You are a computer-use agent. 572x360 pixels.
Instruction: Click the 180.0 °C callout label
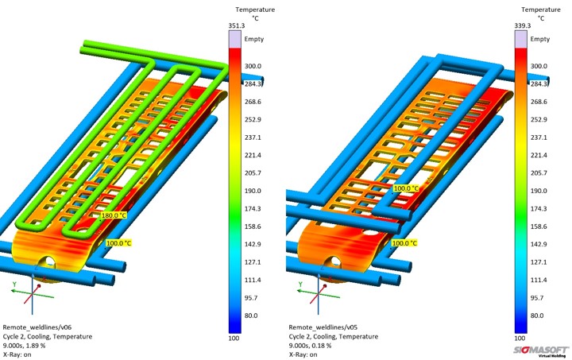(114, 215)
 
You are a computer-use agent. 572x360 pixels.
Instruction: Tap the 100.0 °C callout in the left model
(118, 243)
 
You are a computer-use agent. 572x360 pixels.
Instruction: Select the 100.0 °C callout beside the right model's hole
(404, 243)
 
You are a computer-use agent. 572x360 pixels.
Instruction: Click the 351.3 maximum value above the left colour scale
(237, 25)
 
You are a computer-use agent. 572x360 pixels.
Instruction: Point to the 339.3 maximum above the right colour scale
(523, 25)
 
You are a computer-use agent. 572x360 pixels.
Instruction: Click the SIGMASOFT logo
(541, 351)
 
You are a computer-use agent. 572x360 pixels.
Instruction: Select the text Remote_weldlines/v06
(37, 327)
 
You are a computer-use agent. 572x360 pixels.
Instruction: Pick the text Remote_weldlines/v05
(323, 327)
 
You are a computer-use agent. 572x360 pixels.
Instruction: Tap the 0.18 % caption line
(310, 345)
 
